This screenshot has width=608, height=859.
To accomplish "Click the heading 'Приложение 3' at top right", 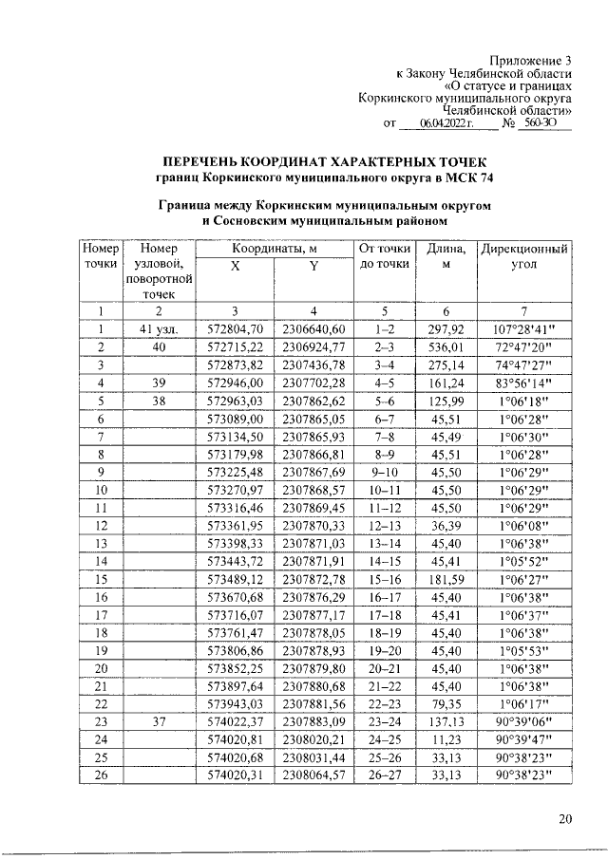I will (531, 60).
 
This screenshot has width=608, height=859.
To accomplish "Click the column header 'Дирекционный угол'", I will (526, 257).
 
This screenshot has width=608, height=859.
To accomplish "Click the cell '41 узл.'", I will (161, 328).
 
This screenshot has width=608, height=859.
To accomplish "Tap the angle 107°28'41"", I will (526, 328).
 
